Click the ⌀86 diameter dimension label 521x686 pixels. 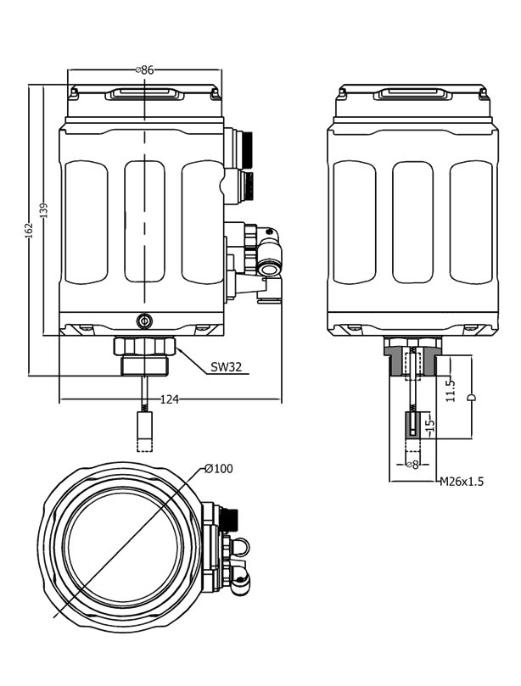[x=144, y=70]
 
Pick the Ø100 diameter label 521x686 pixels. [x=218, y=469]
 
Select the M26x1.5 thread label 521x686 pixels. [x=461, y=482]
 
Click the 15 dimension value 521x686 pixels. [x=429, y=422]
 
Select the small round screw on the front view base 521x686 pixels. [x=143, y=321]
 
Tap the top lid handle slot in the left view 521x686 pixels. [x=144, y=94]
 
